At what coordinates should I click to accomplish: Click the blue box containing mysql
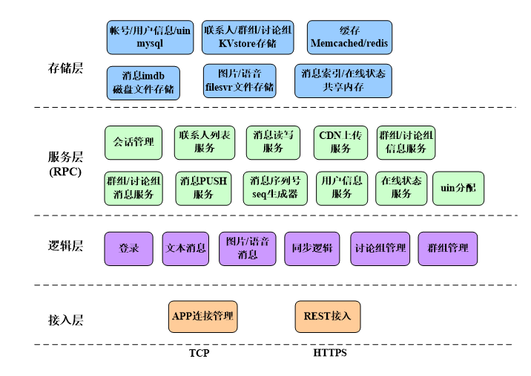149,37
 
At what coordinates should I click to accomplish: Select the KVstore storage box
248,37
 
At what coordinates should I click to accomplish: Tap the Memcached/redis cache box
349,37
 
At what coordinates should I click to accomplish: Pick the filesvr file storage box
240,81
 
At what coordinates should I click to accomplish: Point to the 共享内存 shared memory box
343,81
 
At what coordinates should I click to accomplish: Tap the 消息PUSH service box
203,188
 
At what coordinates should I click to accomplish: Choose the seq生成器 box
274,188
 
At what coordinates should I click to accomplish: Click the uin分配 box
458,188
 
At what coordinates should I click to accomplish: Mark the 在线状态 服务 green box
401,188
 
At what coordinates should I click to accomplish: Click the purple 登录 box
129,248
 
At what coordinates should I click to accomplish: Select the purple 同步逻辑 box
311,248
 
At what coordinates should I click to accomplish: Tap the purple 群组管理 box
448,248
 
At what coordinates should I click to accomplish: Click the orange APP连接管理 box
203,317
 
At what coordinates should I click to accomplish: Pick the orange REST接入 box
327,317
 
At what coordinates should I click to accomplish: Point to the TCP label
199,353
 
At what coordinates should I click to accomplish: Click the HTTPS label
330,353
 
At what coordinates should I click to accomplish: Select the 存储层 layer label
65,69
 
